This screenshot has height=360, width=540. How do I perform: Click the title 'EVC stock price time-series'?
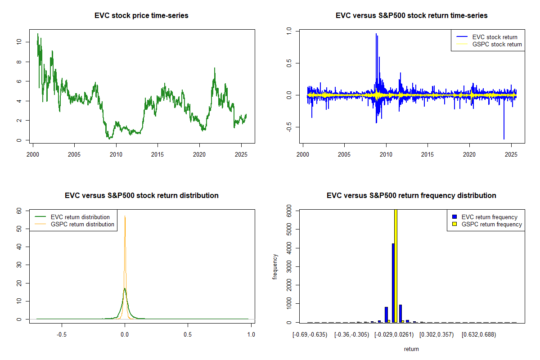point(141,16)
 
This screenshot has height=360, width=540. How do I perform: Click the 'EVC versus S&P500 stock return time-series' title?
point(411,16)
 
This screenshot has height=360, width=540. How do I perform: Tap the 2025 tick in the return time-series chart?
point(511,155)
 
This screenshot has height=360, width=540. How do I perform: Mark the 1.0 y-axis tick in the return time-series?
point(289,31)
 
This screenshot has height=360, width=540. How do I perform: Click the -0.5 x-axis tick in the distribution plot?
point(62,335)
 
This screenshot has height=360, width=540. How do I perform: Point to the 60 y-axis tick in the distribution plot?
point(19,211)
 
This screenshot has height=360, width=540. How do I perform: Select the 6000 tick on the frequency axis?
point(289,211)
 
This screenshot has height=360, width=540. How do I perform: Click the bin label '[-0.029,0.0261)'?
point(394,335)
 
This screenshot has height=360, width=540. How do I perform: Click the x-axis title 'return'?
point(411,349)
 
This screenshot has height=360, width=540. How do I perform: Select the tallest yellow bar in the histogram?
point(396,265)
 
